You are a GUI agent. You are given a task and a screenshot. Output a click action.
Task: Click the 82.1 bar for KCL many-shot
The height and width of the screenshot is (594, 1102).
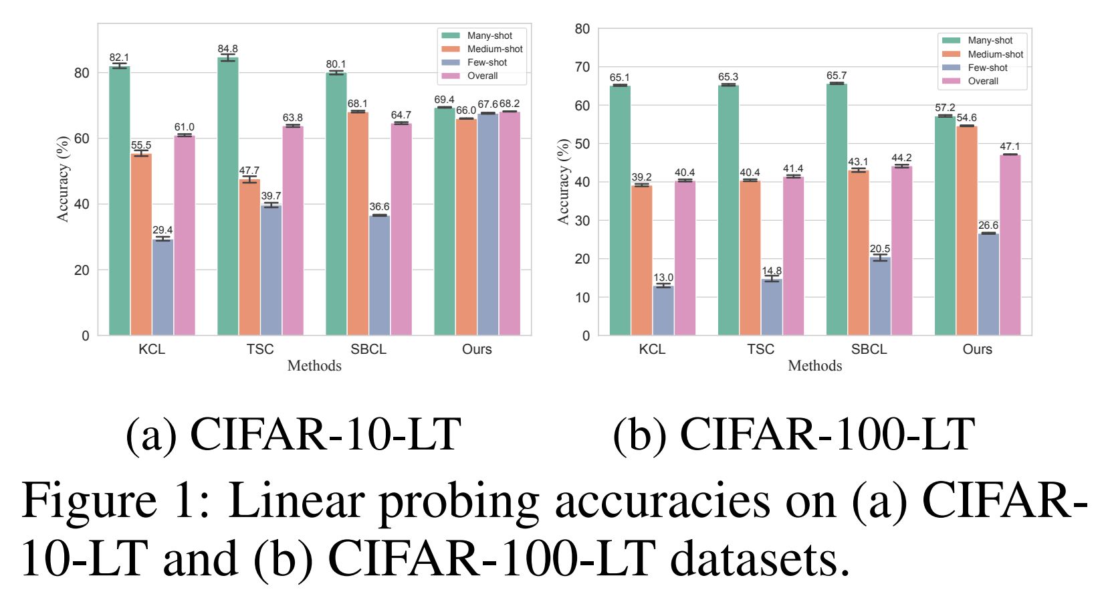coord(119,201)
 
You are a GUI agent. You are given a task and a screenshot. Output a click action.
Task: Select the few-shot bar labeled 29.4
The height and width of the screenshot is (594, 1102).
coord(162,288)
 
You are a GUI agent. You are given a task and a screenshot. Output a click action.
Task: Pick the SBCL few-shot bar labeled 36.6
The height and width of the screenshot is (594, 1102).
coord(379,275)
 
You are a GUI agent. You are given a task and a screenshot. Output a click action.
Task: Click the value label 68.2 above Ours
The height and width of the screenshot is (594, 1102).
coord(510,104)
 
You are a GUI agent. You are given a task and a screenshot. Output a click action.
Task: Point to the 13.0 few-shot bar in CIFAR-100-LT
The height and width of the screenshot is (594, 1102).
coord(663,310)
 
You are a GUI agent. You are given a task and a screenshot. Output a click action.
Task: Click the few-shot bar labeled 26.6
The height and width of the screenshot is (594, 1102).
coord(988,284)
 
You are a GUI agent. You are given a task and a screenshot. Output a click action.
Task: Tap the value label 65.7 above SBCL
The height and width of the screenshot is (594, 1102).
coord(837,76)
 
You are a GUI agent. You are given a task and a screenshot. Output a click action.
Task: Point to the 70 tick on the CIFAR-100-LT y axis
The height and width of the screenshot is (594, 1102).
coord(582,67)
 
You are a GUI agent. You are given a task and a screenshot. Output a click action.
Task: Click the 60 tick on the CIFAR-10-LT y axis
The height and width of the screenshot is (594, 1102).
coord(82,138)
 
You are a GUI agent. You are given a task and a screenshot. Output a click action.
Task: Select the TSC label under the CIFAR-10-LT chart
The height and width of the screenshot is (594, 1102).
coord(260,349)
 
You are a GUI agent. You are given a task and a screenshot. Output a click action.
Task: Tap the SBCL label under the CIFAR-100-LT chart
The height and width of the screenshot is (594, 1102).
coord(869,349)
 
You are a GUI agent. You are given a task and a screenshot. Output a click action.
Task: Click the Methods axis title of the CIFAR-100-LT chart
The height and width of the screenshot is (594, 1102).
coord(814,366)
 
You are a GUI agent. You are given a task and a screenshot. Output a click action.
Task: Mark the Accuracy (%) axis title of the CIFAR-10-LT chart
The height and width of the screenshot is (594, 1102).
coord(63,179)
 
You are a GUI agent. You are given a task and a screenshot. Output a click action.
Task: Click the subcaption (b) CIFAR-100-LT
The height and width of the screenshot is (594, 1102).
coord(793,435)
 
